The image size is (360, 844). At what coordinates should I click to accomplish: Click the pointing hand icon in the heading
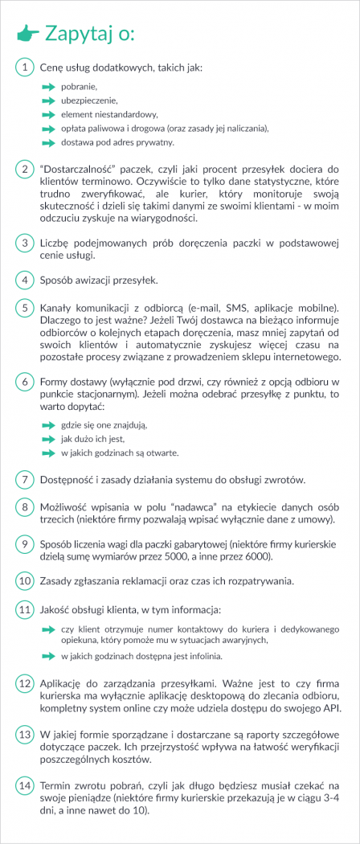(x=27, y=33)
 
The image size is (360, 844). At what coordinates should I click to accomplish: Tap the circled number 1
(x=25, y=68)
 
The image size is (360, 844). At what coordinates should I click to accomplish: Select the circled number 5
(x=25, y=307)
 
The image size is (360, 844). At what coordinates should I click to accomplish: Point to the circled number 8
(x=25, y=507)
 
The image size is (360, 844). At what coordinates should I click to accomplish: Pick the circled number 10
(x=25, y=580)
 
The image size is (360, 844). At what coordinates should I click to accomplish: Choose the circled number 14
(x=25, y=785)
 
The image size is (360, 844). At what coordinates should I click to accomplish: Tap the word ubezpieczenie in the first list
(x=89, y=100)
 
